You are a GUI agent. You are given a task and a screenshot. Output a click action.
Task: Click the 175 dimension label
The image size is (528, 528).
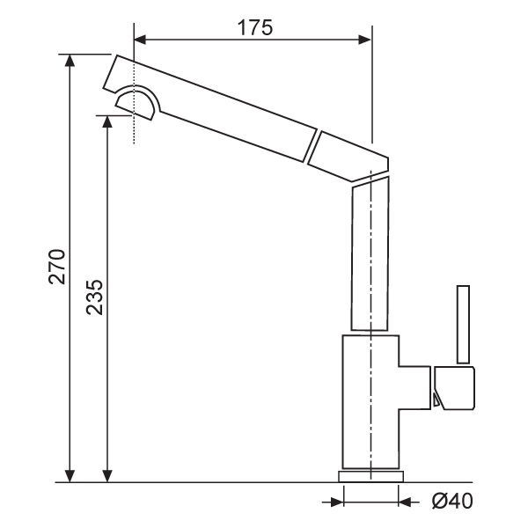pyautogui.click(x=255, y=27)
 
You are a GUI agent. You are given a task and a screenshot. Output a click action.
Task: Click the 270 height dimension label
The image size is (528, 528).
pyautogui.click(x=56, y=267)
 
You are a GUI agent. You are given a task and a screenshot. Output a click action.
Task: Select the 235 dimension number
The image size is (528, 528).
pyautogui.click(x=94, y=297)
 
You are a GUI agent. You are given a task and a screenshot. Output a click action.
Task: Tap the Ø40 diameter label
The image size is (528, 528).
pyautogui.click(x=452, y=501)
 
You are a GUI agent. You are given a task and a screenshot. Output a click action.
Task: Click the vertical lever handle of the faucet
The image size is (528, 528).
pyautogui.click(x=463, y=325)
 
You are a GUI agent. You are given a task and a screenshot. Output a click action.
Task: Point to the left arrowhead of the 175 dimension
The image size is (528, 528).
pyautogui.click(x=140, y=40)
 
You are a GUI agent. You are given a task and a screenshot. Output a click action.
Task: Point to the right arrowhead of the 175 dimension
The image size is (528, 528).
pyautogui.click(x=364, y=40)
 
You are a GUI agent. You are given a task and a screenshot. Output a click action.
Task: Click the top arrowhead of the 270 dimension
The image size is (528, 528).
pyautogui.click(x=70, y=60)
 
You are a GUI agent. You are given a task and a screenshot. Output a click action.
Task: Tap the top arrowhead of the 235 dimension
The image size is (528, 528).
pyautogui.click(x=107, y=121)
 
